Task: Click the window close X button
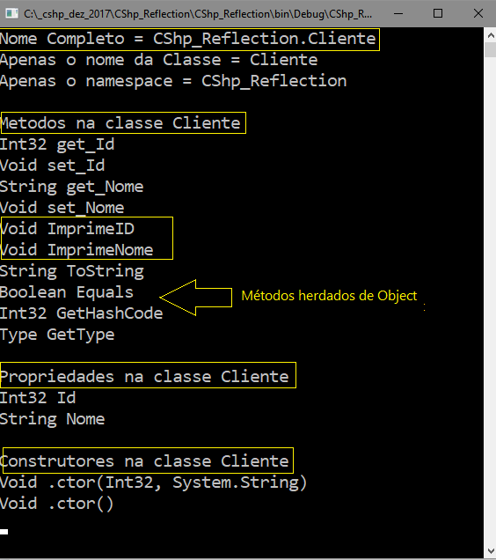click(478, 13)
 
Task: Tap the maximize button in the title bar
click(438, 13)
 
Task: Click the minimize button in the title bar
click(398, 14)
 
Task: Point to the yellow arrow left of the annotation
click(195, 298)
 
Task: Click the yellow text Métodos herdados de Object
click(329, 296)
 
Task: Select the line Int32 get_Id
click(57, 144)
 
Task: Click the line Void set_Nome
click(62, 208)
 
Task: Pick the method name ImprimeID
click(91, 229)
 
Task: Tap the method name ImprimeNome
click(100, 250)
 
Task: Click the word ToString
click(106, 271)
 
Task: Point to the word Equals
click(105, 292)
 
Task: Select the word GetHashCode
click(110, 313)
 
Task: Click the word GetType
click(81, 335)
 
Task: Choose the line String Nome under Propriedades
click(53, 419)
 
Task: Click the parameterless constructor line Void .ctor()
click(57, 504)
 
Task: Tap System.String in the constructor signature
click(236, 483)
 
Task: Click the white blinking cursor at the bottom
click(4, 532)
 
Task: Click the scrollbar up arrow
click(491, 35)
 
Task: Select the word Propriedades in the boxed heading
click(57, 377)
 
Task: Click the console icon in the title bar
click(11, 13)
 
